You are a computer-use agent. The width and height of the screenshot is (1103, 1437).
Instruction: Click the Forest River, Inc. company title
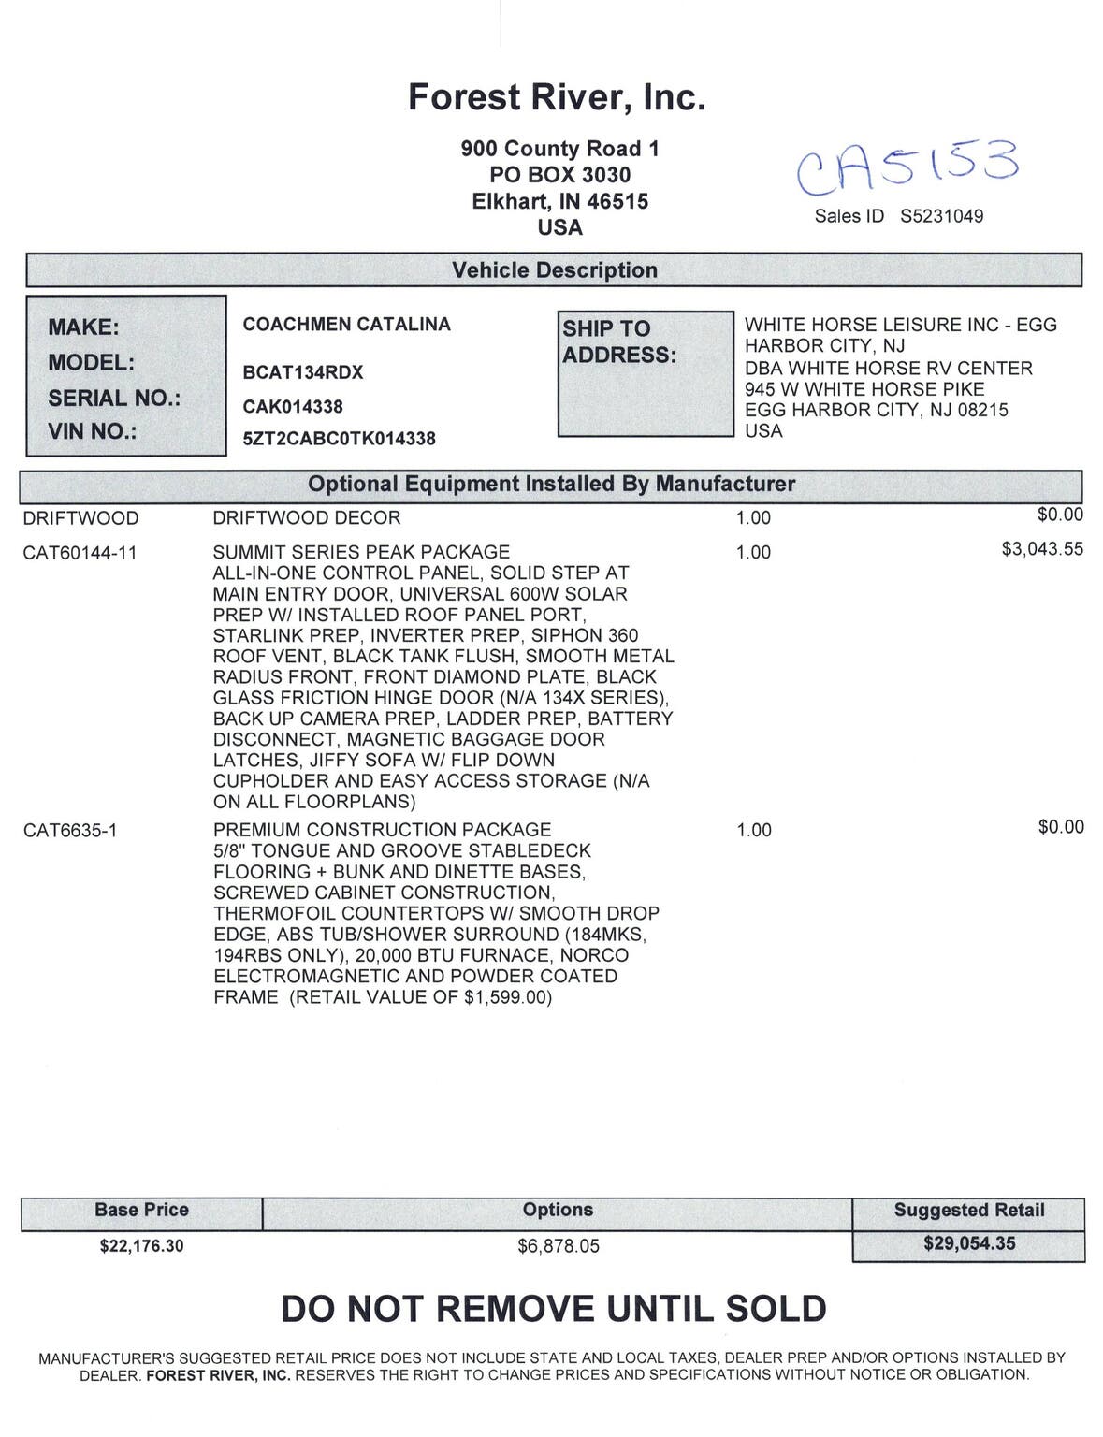pyautogui.click(x=557, y=97)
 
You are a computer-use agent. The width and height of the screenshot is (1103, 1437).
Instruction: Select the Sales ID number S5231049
pyautogui.click(x=941, y=216)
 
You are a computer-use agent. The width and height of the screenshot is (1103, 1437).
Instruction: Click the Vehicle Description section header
pyautogui.click(x=554, y=270)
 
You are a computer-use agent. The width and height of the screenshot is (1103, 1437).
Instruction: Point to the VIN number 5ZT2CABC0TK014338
pyautogui.click(x=339, y=438)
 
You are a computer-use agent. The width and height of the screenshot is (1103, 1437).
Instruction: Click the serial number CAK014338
pyautogui.click(x=293, y=407)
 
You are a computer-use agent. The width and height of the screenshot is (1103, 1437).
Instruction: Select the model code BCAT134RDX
pyautogui.click(x=302, y=372)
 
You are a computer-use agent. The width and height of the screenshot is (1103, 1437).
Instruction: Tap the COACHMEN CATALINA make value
pyautogui.click(x=346, y=325)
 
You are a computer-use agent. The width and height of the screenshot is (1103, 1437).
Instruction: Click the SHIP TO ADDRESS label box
pyautogui.click(x=645, y=372)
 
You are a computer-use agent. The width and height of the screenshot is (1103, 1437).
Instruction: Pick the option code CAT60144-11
pyautogui.click(x=80, y=553)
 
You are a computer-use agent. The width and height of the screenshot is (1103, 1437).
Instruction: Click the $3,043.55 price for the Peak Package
pyautogui.click(x=1041, y=549)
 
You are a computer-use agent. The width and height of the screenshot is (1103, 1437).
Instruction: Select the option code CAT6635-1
pyautogui.click(x=70, y=831)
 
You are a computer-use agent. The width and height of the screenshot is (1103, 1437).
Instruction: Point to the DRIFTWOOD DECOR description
pyautogui.click(x=306, y=518)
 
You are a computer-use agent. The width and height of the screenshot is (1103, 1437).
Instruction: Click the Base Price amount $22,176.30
pyautogui.click(x=141, y=1246)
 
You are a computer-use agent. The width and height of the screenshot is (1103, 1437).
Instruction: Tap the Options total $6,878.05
pyautogui.click(x=558, y=1246)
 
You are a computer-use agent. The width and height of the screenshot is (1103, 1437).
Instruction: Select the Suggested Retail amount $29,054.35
pyautogui.click(x=968, y=1244)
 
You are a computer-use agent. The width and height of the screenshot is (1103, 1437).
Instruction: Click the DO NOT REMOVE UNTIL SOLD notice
pyautogui.click(x=554, y=1309)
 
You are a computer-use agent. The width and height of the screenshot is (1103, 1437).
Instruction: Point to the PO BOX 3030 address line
pyautogui.click(x=559, y=175)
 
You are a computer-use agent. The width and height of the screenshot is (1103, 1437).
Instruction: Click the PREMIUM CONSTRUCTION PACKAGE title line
pyautogui.click(x=382, y=830)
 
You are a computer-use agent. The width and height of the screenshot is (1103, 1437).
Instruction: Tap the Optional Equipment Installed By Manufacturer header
pyautogui.click(x=551, y=485)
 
